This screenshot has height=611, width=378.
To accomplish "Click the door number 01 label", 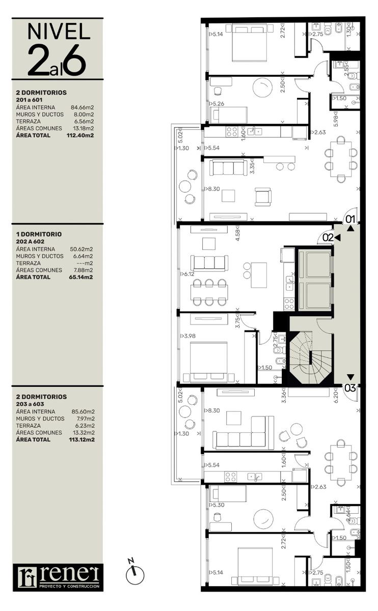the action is [350, 219].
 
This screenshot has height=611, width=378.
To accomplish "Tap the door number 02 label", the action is [328, 238].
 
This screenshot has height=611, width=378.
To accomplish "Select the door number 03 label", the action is [350, 388].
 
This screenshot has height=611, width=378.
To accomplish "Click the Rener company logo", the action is [58, 577].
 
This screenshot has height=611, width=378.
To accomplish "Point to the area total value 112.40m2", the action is [80, 135].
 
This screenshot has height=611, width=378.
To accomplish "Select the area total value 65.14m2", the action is [81, 277].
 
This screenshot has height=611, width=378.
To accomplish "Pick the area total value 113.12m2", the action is [82, 439].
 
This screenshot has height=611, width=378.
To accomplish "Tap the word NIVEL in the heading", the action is [59, 32].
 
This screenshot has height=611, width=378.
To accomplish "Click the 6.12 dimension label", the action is [188, 274].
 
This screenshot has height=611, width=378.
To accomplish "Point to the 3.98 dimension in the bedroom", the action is [188, 336].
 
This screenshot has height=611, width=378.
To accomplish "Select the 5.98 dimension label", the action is [336, 119].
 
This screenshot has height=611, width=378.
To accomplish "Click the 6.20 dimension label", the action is [336, 395].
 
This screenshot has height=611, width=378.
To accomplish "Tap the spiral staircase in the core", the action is [310, 357].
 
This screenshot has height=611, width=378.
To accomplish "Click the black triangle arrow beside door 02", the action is [337, 238].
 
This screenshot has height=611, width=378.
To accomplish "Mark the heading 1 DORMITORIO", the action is [39, 234].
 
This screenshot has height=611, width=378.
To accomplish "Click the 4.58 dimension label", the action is [237, 233].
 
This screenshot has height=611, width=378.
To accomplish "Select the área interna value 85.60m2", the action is [83, 411].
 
